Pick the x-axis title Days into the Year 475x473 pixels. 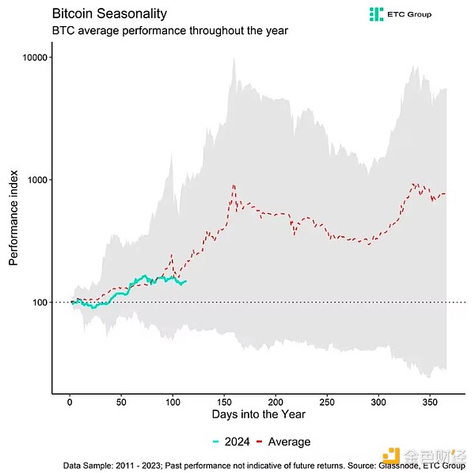[x=257, y=414]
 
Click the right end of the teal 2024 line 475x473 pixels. [x=185, y=280]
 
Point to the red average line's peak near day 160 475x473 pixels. [x=234, y=185]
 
